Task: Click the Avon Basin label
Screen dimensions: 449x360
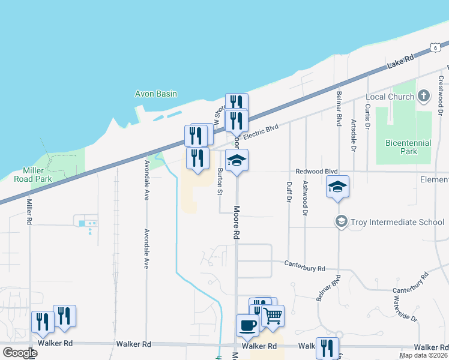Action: click(x=155, y=94)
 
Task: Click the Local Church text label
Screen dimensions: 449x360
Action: click(x=390, y=97)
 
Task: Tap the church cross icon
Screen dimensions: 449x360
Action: click(x=424, y=96)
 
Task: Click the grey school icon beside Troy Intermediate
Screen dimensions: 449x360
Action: click(x=342, y=222)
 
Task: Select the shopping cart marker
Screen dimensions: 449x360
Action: click(x=273, y=315)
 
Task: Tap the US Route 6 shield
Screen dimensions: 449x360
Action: click(x=433, y=47)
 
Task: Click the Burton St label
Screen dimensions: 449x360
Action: click(x=220, y=182)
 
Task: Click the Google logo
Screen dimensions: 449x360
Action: click(x=20, y=353)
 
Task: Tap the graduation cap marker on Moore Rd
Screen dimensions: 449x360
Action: click(x=237, y=160)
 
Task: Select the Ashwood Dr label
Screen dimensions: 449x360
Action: click(x=306, y=198)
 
